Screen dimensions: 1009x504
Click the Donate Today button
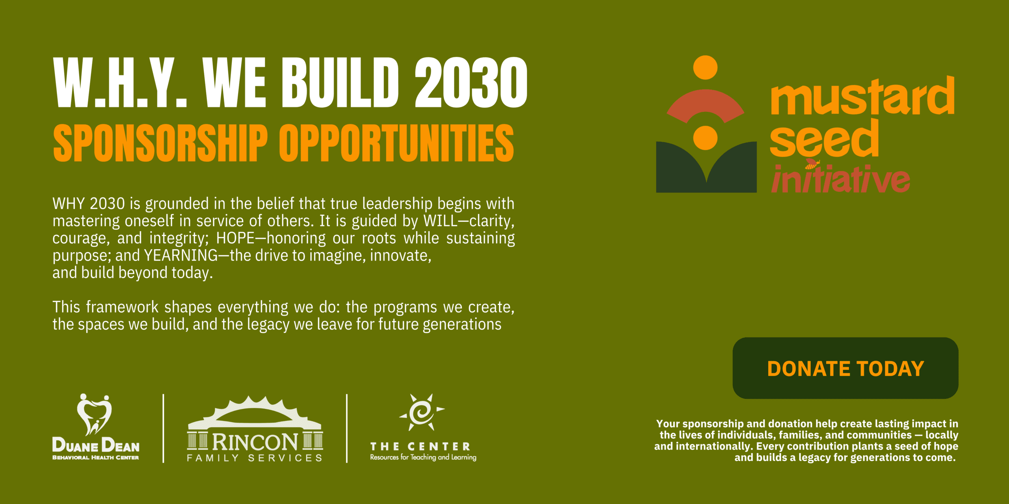845,368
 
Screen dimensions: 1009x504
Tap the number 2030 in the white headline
471,82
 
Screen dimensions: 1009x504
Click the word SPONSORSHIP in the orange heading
160,143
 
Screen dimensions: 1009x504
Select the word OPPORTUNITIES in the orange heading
397,143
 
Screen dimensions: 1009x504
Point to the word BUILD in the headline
340,82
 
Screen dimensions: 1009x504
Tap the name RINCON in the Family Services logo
255,442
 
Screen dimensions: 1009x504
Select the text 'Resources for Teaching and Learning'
423,457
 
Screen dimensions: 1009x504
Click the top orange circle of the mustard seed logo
705,67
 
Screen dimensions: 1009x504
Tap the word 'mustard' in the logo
862,96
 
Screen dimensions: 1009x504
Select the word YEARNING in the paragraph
181,256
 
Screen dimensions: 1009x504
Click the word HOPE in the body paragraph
235,238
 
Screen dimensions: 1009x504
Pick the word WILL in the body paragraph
441,221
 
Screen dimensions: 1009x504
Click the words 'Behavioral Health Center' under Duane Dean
96,458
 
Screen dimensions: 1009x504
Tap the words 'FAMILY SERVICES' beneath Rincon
255,458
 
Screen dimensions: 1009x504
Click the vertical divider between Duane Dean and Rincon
163,428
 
